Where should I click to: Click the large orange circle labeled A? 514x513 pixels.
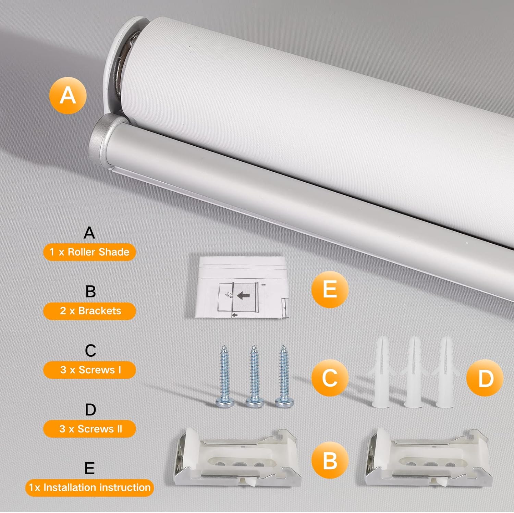(68, 95)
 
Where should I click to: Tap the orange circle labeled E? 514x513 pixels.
(330, 289)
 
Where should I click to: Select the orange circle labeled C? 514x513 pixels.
(330, 378)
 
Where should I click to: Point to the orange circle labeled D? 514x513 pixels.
(485, 378)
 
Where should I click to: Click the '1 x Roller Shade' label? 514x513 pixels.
(89, 252)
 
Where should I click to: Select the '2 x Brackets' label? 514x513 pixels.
(89, 311)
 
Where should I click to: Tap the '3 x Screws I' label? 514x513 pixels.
(89, 370)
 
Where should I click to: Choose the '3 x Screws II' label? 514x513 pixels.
(89, 429)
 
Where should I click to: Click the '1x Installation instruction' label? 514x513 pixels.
(89, 487)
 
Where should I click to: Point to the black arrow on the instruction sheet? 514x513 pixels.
(243, 295)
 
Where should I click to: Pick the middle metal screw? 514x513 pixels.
(254, 377)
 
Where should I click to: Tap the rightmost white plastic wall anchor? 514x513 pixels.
(445, 374)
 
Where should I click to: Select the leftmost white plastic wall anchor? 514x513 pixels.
(381, 374)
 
